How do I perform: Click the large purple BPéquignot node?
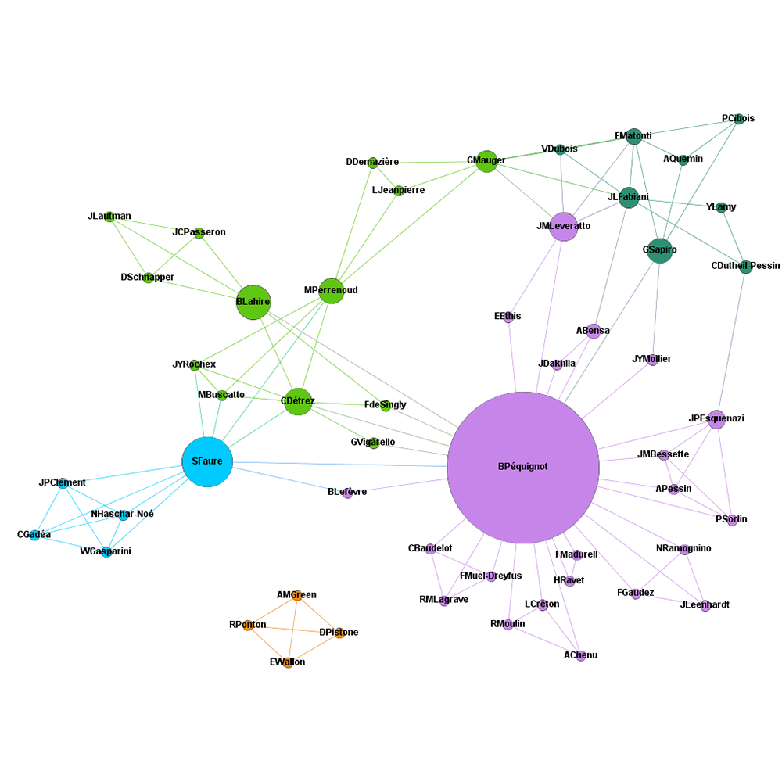pos(523,467)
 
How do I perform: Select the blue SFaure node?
pos(207,461)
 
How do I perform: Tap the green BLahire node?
pos(253,302)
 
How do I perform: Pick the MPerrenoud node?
pos(332,291)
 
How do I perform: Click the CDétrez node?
pos(298,401)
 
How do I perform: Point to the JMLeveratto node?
pos(563,227)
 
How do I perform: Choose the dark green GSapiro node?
pos(660,250)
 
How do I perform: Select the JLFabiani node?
pos(629,198)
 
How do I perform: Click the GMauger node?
pos(486,161)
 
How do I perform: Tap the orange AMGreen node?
pos(297,596)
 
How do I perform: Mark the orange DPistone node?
pos(339,633)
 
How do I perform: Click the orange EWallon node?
pos(288,663)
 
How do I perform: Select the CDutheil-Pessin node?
pos(746,267)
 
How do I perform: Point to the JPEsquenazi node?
pos(716,419)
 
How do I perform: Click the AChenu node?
pos(581,656)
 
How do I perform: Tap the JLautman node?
pos(109,217)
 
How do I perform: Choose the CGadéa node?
pos(34,536)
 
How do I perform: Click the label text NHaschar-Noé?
pos(123,514)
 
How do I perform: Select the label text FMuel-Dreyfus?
pos(490,576)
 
